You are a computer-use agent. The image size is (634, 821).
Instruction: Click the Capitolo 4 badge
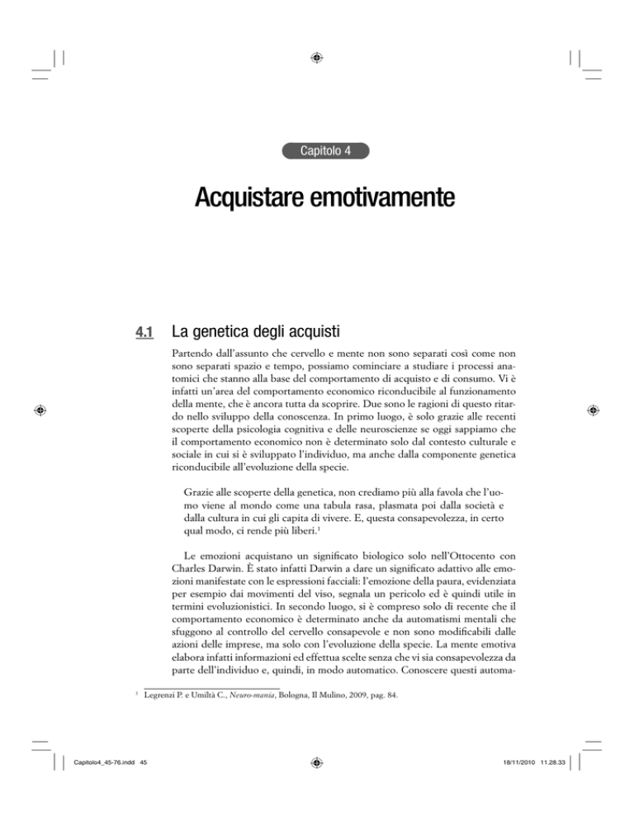317,151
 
